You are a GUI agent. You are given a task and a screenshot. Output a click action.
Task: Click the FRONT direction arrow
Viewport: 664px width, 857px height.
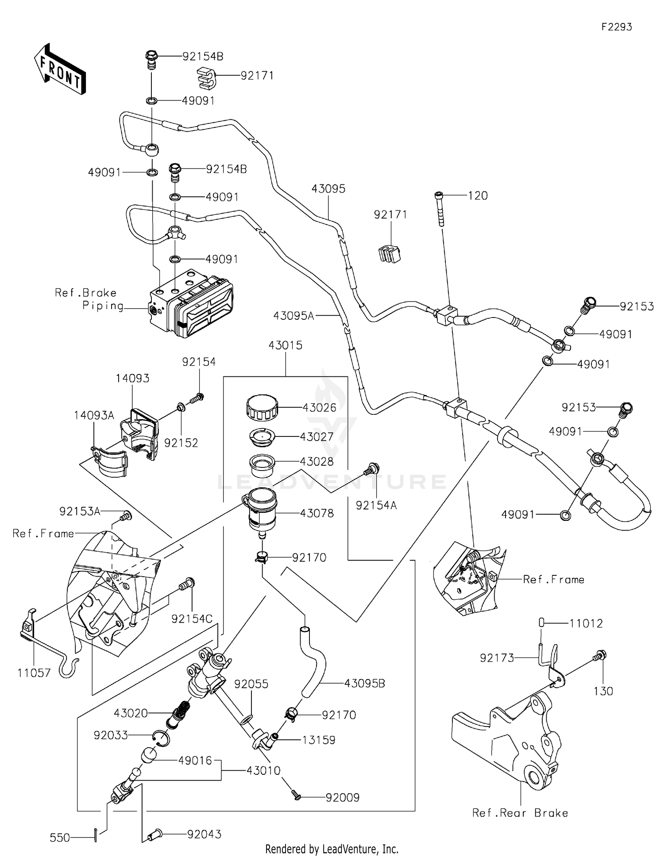click(x=60, y=69)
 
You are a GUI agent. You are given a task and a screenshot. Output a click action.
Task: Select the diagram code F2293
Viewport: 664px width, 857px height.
click(x=616, y=27)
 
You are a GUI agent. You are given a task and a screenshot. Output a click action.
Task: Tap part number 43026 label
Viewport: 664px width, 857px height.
click(x=319, y=408)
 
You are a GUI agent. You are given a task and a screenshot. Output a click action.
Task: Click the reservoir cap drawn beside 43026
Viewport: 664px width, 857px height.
click(x=262, y=408)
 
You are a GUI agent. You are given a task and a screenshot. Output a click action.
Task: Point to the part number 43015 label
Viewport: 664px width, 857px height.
click(x=286, y=345)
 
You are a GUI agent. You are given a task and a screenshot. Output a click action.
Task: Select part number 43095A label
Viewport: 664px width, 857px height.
click(x=293, y=316)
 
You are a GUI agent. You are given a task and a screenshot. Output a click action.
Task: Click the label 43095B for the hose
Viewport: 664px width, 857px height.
click(x=364, y=684)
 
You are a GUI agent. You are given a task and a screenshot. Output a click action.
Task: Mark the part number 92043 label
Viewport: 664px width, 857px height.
click(x=204, y=834)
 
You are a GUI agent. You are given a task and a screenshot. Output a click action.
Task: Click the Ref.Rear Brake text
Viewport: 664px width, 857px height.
click(x=520, y=813)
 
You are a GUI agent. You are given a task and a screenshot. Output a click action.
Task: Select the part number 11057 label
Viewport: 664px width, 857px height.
click(x=34, y=673)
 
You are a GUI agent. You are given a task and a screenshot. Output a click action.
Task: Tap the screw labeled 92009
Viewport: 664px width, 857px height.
click(x=296, y=796)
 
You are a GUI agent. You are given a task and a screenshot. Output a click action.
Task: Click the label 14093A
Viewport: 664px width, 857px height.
click(x=94, y=415)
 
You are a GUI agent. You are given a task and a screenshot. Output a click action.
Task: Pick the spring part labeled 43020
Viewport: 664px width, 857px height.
click(x=179, y=714)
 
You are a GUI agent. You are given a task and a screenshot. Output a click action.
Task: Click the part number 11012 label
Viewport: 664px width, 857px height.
click(x=586, y=624)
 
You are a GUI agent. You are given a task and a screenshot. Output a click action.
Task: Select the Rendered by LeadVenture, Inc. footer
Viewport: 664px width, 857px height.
click(x=332, y=849)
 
